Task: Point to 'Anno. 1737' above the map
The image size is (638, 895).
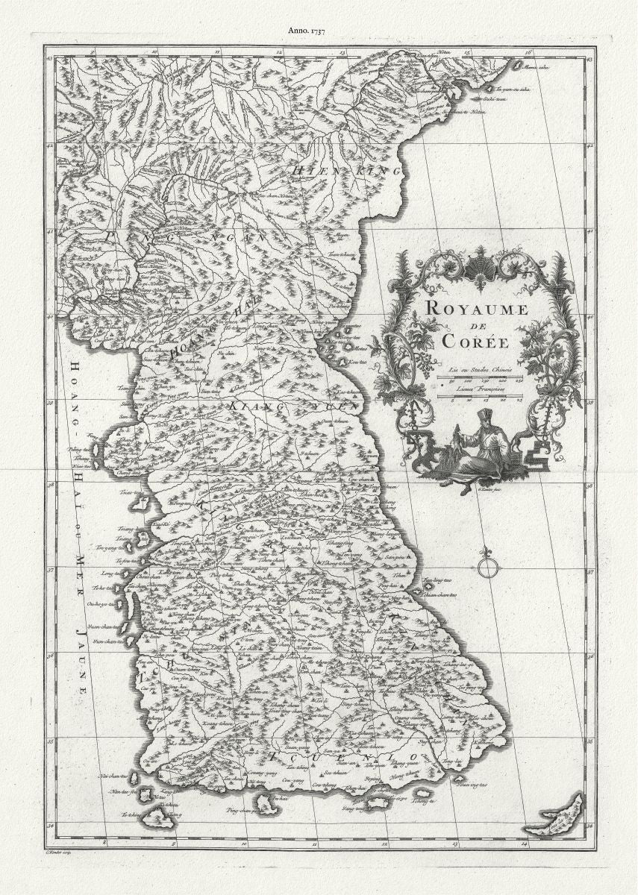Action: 306,31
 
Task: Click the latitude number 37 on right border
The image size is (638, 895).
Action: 589,572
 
